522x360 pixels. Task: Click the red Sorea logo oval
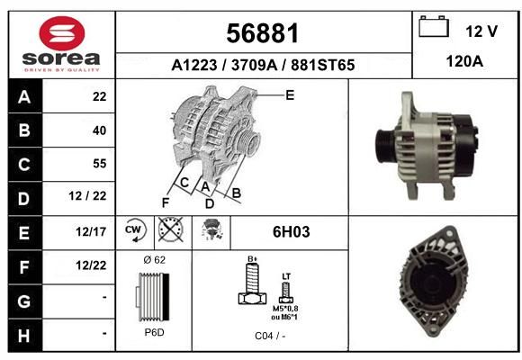[x=62, y=33]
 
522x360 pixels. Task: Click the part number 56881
[x=263, y=33]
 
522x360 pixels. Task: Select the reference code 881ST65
[x=322, y=65]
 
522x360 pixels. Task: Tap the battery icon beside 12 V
[x=434, y=26]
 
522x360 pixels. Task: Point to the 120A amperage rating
[x=464, y=61]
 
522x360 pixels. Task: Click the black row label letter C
[x=24, y=165]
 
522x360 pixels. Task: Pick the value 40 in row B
[x=100, y=130]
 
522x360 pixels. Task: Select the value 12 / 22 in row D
[x=87, y=196]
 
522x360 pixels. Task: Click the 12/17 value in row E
[x=91, y=232]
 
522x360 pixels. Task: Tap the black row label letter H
[x=24, y=336]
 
